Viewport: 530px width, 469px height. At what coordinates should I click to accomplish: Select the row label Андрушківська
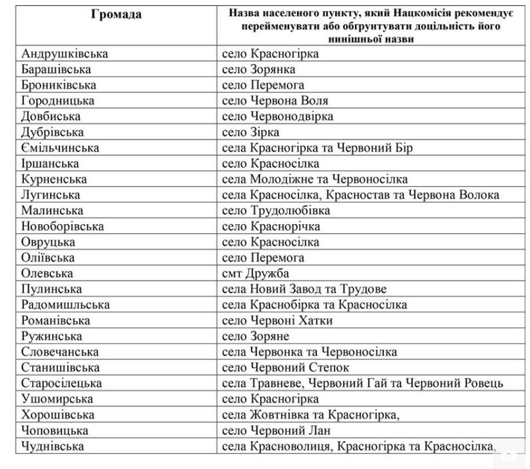tap(65, 54)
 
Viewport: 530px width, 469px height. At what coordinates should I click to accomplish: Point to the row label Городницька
tap(58, 101)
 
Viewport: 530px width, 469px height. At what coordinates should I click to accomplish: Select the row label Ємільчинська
tap(60, 147)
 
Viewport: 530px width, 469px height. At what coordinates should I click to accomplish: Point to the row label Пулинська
tap(51, 289)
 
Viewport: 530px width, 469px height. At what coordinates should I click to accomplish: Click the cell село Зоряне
tap(256, 336)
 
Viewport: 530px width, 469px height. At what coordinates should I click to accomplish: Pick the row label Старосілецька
tap(61, 383)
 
